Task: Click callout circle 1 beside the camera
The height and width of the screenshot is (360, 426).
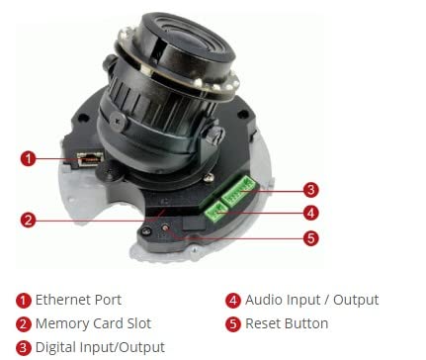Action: point(28,158)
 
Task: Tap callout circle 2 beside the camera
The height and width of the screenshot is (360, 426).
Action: point(28,220)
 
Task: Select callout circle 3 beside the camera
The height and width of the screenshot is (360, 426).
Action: point(310,190)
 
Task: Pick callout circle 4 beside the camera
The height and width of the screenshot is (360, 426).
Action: point(310,213)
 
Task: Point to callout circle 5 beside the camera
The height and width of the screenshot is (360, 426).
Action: point(310,238)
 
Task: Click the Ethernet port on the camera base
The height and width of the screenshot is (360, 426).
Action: point(90,159)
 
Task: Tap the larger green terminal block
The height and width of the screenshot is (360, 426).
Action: point(238,191)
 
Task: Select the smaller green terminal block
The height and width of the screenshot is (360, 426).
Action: point(215,212)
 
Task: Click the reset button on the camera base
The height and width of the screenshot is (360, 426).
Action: point(166,227)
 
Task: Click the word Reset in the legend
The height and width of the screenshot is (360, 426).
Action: point(263,323)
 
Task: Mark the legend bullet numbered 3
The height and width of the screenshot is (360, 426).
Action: point(23,348)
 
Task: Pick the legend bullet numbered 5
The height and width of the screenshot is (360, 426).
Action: point(233,324)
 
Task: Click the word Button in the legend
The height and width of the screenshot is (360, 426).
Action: point(305,323)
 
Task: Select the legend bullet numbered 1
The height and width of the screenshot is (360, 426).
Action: point(23,301)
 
